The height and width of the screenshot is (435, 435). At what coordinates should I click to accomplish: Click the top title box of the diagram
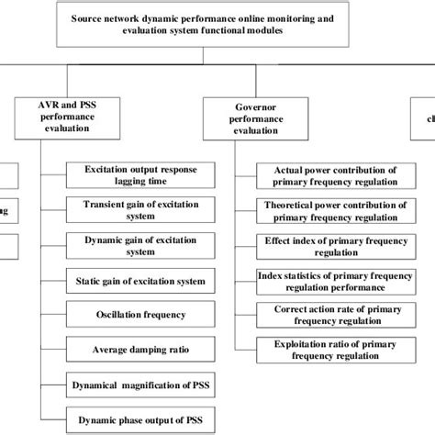point(217,24)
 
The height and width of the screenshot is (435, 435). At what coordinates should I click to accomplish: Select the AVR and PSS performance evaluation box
point(67,117)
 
